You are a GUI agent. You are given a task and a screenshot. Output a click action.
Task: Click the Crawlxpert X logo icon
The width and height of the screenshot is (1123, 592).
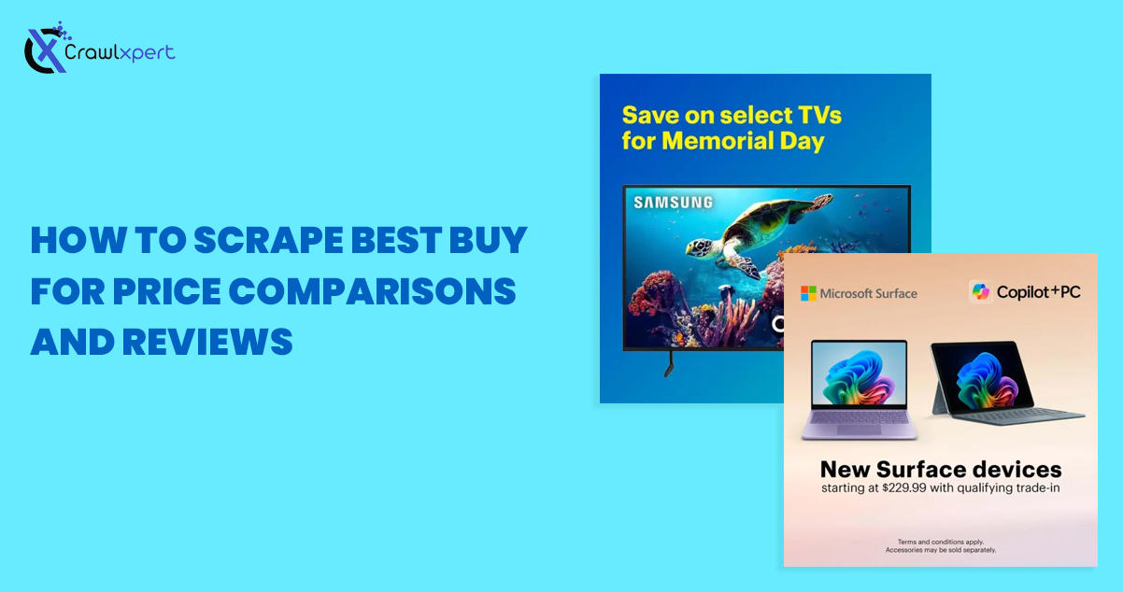coord(46,49)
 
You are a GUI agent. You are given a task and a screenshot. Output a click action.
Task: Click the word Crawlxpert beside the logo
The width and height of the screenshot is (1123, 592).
coord(120,52)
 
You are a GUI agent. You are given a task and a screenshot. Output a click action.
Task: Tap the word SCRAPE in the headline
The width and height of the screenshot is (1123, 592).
coord(269,240)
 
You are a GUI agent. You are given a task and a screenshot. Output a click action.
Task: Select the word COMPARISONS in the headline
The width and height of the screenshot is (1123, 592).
coord(373,291)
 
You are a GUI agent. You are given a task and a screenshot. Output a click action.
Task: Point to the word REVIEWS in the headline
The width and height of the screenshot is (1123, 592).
coord(207,343)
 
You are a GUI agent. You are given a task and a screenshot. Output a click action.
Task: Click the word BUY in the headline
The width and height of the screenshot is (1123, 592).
coord(489,240)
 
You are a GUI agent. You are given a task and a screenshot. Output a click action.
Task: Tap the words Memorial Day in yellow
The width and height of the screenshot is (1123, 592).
coord(743,140)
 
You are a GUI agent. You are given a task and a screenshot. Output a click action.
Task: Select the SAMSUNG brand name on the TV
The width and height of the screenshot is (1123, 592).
coord(674,203)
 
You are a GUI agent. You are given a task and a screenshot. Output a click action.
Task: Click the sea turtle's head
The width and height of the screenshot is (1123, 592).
coord(700,247)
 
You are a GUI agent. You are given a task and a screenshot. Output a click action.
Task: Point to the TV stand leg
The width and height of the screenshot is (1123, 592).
coord(669,364)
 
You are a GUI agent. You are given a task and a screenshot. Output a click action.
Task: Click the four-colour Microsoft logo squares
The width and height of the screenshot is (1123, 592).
coord(808,293)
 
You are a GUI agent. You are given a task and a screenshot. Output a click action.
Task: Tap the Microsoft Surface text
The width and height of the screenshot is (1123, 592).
coord(868,294)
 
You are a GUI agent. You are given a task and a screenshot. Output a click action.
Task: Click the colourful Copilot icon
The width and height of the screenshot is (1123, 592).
coord(980,291)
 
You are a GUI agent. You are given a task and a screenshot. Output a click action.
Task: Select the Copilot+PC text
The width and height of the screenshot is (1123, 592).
coord(1038,291)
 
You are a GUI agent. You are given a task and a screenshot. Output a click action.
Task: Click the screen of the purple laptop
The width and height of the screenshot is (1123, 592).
coord(860,374)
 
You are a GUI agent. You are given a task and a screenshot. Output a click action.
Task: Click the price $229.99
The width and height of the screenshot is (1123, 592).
coord(904,487)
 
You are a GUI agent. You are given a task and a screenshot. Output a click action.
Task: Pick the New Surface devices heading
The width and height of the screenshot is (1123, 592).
coord(941,469)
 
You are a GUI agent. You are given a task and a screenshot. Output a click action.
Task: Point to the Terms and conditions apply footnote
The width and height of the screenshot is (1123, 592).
coord(941,542)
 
